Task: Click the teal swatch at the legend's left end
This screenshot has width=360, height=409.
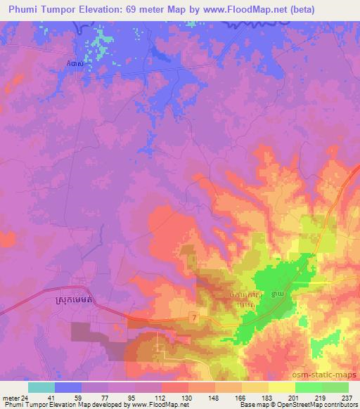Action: point(41,387)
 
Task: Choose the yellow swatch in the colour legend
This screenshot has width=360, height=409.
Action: point(282,387)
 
